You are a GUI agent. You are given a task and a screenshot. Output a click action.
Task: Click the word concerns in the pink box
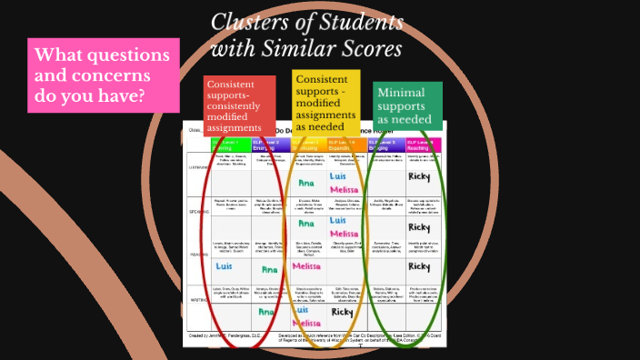pyautogui.click(x=116, y=75)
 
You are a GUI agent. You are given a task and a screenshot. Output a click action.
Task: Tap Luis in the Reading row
pyautogui.click(x=225, y=266)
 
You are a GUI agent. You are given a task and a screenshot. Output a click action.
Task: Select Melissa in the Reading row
pyautogui.click(x=306, y=267)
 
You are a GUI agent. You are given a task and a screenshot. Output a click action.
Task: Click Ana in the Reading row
pyautogui.click(x=269, y=269)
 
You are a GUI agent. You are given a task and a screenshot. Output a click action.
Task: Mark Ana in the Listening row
pyautogui.click(x=306, y=183)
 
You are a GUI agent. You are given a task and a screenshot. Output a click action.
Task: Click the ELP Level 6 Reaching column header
pyautogui.click(x=419, y=145)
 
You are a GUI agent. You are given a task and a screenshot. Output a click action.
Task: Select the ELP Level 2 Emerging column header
pyautogui.click(x=270, y=145)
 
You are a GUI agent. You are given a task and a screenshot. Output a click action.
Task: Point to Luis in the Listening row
pyautogui.click(x=339, y=175)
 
